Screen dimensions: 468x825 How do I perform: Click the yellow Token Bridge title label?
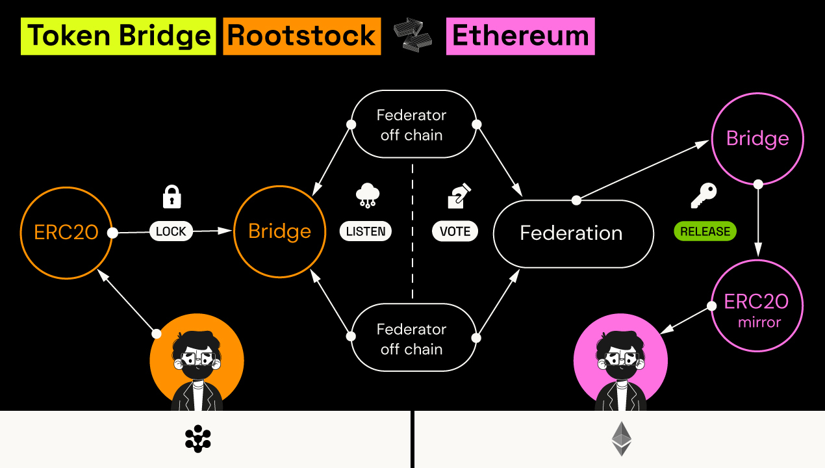(x=118, y=36)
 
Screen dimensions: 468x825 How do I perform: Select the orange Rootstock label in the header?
(x=302, y=36)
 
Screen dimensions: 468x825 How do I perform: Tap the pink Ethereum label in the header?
(x=520, y=36)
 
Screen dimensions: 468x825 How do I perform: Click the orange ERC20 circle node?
(x=66, y=232)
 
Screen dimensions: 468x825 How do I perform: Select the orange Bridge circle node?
(x=279, y=231)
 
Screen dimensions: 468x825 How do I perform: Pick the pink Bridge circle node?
(x=757, y=138)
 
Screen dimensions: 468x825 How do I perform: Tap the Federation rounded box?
(x=572, y=233)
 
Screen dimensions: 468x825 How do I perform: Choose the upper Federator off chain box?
(x=412, y=125)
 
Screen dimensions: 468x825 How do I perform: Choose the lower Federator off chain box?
(x=412, y=339)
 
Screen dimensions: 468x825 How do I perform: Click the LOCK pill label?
(x=171, y=231)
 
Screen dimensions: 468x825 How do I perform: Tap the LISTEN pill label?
(x=366, y=231)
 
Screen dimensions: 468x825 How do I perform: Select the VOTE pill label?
(x=455, y=231)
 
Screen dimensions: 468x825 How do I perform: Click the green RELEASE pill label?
(x=705, y=231)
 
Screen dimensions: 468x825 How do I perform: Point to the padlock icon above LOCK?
(x=171, y=197)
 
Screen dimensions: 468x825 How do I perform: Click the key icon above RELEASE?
(x=704, y=196)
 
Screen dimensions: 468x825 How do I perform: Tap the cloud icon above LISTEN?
(x=368, y=196)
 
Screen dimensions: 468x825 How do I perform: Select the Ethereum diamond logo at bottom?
(x=621, y=439)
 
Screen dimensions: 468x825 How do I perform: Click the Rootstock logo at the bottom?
(x=197, y=439)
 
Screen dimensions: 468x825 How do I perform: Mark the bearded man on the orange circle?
(x=196, y=370)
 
